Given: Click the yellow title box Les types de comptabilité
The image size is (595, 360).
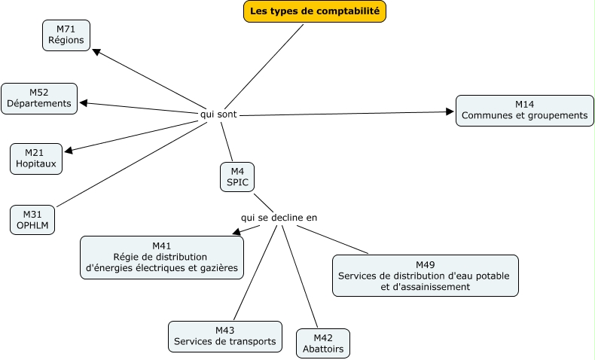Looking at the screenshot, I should pos(315,11).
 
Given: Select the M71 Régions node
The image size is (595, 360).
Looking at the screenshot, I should pos(66,35).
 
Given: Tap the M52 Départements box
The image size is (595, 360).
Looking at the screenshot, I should pos(39,98).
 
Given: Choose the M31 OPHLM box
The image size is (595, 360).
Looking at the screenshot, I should pos(32,219).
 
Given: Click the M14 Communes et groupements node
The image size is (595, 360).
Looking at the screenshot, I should pos(524,110).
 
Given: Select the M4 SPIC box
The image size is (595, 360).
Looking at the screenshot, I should pos(237,177).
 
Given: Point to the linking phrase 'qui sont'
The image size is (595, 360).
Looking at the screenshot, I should pos(217,114).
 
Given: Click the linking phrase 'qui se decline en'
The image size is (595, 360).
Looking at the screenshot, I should pos(279,217).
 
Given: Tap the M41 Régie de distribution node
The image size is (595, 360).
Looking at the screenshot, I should pos(162,257).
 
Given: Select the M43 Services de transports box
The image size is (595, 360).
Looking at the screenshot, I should pos(225,336).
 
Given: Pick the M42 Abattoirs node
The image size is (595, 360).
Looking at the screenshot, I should pos(323,343).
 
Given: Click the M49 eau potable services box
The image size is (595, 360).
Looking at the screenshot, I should pos(425,276).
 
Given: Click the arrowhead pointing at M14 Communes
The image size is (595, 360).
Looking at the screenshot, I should pos(450,112).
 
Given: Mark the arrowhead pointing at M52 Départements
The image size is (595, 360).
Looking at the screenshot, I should pos(84,103).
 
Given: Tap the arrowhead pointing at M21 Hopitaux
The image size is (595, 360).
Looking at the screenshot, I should pos(69,151).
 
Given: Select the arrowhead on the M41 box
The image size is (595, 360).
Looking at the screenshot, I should pos(236,233).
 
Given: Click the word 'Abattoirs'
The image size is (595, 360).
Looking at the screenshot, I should pos(323,349).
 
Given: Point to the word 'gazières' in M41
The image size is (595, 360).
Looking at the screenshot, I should pos(218,267).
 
